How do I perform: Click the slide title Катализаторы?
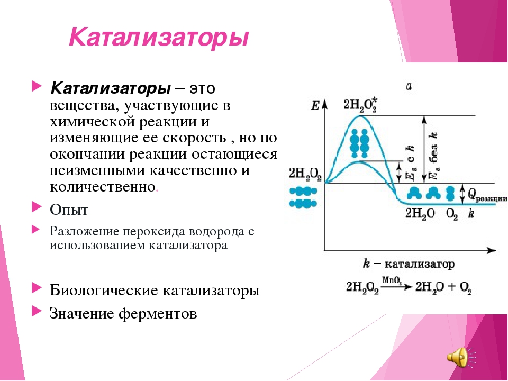coord(158,38)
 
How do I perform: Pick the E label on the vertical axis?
coord(315,106)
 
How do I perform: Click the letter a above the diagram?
coord(409,86)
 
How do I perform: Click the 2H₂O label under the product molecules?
coord(420,213)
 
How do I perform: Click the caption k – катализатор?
coord(409,264)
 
